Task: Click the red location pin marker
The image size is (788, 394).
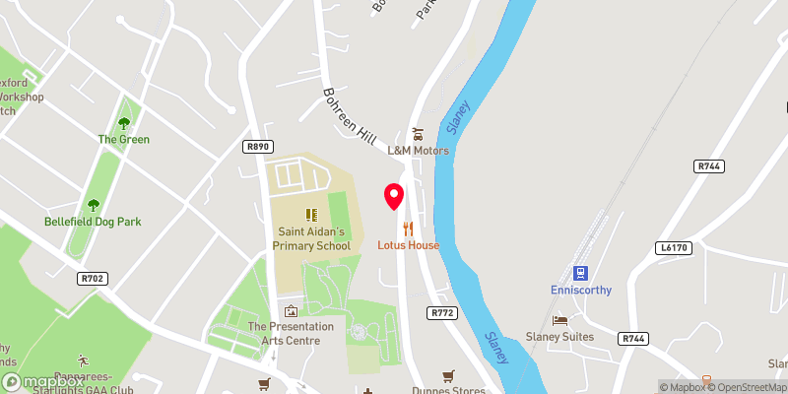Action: click(394, 196)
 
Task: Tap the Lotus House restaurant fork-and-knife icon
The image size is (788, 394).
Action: click(408, 229)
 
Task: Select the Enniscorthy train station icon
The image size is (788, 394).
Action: click(580, 272)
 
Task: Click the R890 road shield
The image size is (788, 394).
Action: click(258, 146)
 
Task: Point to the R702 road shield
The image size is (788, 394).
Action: click(92, 279)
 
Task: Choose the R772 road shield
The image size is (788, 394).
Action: click(441, 312)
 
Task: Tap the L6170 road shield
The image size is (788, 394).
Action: click(669, 248)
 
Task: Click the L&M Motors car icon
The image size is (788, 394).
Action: click(418, 134)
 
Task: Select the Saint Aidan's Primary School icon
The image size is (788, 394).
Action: click(311, 214)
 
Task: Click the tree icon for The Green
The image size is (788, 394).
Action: click(123, 123)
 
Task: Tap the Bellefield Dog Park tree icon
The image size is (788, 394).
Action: click(93, 205)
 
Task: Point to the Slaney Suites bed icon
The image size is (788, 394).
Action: click(559, 321)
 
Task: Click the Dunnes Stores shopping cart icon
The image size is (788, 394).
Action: click(449, 375)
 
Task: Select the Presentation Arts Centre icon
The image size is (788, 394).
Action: click(290, 310)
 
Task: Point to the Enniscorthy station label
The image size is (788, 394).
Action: click(580, 290)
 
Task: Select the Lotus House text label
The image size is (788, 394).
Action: click(408, 245)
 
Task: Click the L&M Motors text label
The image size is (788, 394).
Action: click(418, 151)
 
